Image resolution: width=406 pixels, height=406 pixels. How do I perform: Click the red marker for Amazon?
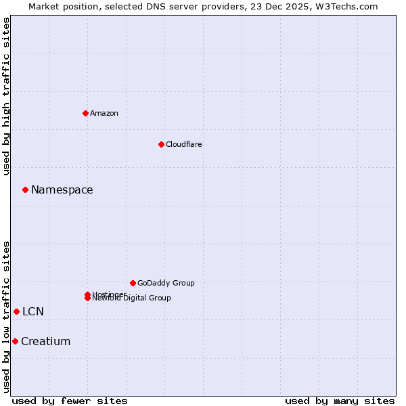[85, 113]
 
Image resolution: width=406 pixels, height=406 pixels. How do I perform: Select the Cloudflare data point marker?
[161, 144]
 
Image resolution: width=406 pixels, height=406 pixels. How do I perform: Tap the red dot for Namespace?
[25, 190]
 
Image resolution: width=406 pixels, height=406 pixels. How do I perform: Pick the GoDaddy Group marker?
[133, 283]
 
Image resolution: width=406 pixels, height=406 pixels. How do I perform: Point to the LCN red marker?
[16, 311]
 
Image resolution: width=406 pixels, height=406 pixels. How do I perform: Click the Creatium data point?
[15, 341]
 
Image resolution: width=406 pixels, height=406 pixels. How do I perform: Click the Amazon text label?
[104, 113]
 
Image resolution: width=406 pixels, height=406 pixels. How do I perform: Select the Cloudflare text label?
[184, 144]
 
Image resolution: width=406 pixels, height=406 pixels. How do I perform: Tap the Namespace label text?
[62, 190]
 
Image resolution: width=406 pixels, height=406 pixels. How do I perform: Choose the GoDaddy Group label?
[166, 283]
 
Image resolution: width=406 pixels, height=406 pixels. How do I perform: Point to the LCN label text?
[33, 311]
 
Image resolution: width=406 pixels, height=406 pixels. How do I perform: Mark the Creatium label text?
[46, 341]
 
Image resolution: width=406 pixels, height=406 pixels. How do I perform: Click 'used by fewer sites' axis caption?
[70, 401]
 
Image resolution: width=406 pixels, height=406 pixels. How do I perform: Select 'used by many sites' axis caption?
[340, 401]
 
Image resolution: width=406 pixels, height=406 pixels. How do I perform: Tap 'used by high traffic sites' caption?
[6, 96]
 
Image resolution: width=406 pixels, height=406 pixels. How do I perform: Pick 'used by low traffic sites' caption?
[6, 317]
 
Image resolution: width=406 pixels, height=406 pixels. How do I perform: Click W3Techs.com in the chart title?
[342, 6]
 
